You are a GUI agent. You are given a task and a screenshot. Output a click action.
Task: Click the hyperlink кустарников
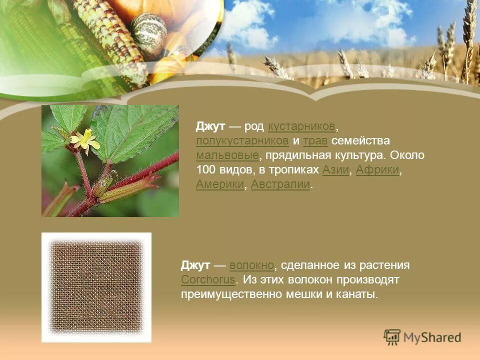[x=301, y=126]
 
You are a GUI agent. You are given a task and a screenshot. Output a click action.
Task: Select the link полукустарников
[x=242, y=140]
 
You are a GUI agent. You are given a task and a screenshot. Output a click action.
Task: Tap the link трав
[x=315, y=140]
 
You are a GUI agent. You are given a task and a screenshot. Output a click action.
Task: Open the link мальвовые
[x=227, y=155]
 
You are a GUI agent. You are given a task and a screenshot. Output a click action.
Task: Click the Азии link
[x=336, y=170]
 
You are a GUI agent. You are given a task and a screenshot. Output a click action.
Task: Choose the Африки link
[x=377, y=170]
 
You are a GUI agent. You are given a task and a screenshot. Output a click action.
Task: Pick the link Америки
[x=220, y=184]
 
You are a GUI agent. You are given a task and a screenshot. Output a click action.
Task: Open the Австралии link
[x=280, y=184]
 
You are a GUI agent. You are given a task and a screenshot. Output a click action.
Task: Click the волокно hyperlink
[x=251, y=265]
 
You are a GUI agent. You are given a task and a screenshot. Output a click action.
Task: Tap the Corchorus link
[x=208, y=279]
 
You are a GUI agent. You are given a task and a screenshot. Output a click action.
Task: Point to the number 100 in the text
[x=205, y=170]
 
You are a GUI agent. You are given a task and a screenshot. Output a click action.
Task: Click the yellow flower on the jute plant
[x=85, y=140]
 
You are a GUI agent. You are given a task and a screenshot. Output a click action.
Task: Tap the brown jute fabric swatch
[x=96, y=287]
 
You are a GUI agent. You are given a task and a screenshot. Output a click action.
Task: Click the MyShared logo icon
[x=392, y=337]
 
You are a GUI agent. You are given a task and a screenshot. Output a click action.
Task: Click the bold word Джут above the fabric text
[x=195, y=265]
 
